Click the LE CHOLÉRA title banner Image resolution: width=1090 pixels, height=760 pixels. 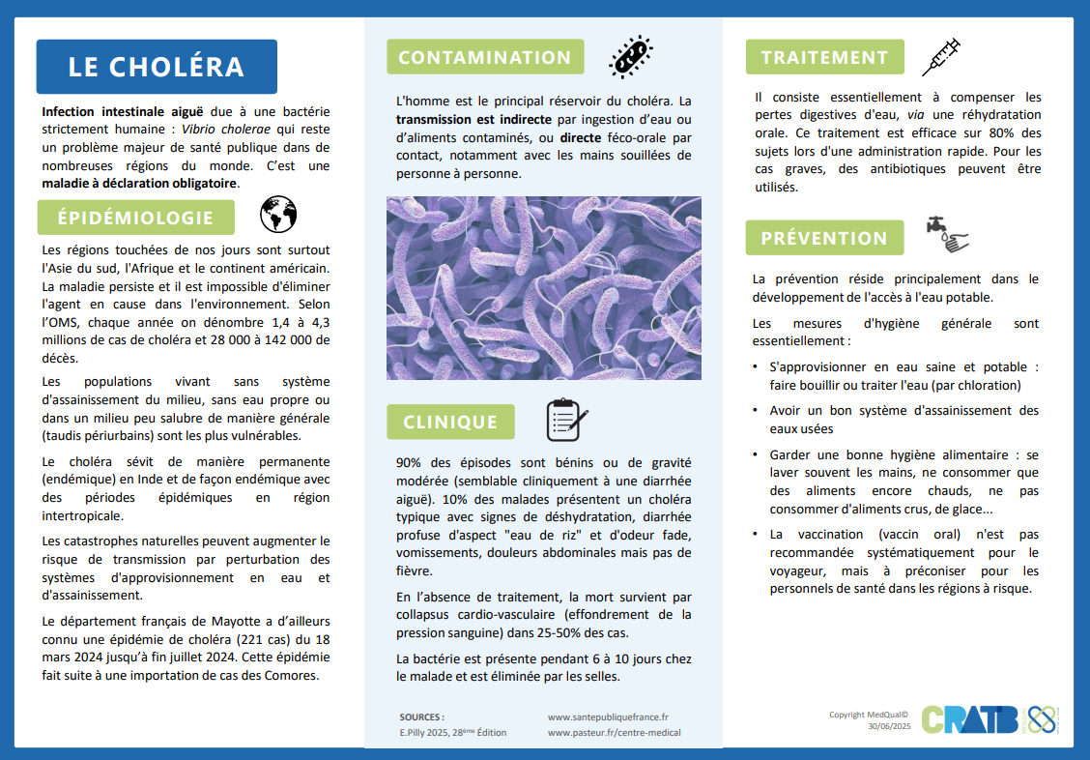[156, 67]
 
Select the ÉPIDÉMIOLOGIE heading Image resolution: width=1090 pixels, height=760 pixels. [135, 218]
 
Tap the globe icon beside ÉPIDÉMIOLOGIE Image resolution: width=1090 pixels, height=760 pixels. [278, 215]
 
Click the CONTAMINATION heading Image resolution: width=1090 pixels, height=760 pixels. [485, 57]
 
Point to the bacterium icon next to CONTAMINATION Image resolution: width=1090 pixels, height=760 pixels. [630, 57]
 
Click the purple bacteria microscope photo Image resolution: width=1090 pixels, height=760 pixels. [544, 288]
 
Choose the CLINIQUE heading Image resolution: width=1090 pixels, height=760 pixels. [450, 423]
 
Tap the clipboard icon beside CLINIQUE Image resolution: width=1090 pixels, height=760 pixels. [566, 420]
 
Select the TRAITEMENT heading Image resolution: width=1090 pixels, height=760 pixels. [824, 57]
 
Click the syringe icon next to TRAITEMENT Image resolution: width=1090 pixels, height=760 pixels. [940, 57]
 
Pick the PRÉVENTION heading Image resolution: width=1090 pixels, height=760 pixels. [824, 238]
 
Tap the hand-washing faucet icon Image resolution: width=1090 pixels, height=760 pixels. [947, 235]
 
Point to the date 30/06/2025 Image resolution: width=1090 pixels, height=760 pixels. [889, 726]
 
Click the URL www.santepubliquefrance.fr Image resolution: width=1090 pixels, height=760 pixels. [608, 717]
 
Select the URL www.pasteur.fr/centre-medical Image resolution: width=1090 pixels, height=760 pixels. [614, 733]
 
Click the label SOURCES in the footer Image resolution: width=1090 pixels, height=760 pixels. [421, 717]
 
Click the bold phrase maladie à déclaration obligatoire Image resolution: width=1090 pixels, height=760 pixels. [139, 183]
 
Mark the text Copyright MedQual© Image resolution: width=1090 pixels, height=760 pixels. [869, 715]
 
